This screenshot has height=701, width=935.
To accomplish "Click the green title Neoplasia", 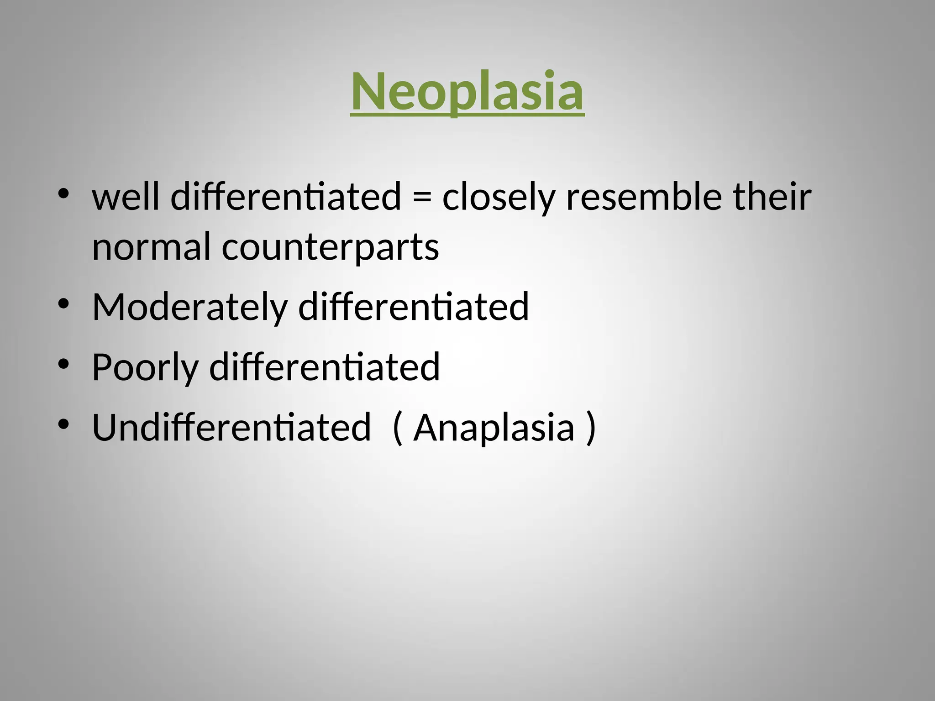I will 467,91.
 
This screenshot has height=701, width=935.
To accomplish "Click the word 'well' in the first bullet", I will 126,197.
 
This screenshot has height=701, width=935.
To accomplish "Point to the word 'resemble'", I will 644,197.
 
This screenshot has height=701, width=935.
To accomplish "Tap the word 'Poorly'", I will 145,368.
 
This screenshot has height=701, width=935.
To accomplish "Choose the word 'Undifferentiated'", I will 231,428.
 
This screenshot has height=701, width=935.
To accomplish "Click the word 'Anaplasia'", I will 494,428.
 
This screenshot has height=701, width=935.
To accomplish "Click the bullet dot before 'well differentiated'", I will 63,194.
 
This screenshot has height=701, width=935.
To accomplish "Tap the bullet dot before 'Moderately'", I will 63,303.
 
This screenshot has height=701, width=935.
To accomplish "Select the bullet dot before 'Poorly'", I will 63,364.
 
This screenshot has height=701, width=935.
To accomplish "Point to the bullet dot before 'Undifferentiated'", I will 63,424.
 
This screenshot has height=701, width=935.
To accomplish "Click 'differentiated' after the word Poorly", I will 325,367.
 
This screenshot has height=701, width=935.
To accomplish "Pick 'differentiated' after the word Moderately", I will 414,307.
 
